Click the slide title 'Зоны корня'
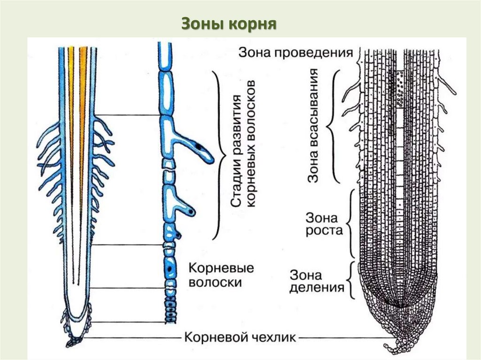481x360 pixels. [x=228, y=24]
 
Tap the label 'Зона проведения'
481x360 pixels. [x=295, y=52]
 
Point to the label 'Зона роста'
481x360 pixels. [x=325, y=224]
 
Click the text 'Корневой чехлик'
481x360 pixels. [x=240, y=337]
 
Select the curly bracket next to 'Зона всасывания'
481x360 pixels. [x=334, y=126]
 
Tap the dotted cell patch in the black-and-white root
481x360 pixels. [x=400, y=89]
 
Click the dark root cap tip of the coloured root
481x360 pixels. [x=74, y=341]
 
